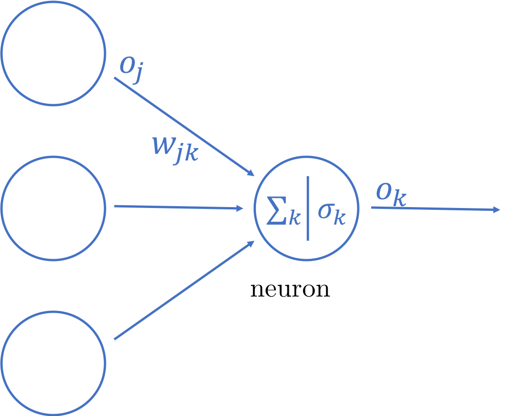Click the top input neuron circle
[53, 53]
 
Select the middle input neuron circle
[53, 208]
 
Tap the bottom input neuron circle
[53, 363]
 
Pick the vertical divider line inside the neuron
[307, 208]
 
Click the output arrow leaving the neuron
[434, 209]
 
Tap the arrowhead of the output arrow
[497, 210]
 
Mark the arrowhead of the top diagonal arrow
[251, 173]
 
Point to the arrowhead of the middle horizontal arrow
[240, 209]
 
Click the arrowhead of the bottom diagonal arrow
[251, 243]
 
